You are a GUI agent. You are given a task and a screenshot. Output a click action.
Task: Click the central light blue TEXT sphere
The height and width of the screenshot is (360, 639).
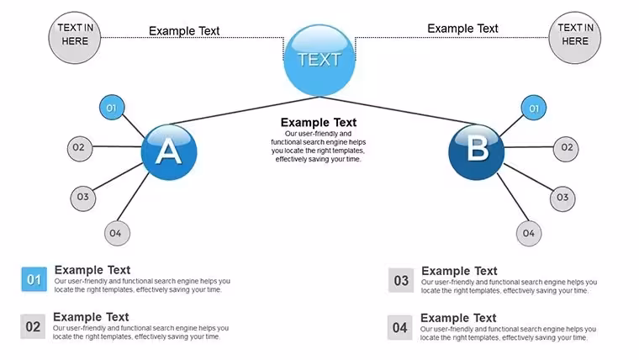click(319, 61)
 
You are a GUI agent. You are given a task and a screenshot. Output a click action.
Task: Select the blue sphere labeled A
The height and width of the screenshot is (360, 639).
click(169, 152)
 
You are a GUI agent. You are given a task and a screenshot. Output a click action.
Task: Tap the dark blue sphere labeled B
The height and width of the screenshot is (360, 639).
click(477, 152)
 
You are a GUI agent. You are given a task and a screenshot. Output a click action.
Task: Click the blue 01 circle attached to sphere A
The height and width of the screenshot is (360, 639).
click(112, 108)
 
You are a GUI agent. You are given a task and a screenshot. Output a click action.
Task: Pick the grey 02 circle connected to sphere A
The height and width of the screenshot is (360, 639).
click(80, 148)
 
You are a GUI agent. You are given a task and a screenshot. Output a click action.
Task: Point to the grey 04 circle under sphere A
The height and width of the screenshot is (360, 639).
click(117, 233)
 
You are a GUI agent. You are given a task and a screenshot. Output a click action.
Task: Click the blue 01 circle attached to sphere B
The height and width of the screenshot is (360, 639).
click(533, 108)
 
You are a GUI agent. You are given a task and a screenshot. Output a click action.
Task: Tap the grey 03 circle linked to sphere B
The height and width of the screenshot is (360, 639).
click(562, 199)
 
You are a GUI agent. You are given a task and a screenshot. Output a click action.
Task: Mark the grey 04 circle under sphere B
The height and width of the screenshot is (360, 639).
click(529, 233)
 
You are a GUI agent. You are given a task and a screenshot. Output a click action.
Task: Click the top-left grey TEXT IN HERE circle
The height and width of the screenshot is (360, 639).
click(75, 38)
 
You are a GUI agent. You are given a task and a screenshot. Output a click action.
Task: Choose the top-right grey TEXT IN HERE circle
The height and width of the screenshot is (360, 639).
click(574, 38)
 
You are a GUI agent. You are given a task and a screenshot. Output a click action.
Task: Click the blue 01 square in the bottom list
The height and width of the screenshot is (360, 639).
click(34, 279)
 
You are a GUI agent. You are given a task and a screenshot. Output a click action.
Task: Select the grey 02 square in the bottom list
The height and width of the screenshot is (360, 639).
click(33, 326)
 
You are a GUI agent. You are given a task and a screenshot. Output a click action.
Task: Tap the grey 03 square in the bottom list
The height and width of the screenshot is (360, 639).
click(401, 280)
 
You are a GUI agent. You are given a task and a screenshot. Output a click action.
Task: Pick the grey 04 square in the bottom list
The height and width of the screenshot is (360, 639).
click(400, 327)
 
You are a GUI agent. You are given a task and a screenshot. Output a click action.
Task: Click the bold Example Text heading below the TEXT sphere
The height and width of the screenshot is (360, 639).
click(319, 122)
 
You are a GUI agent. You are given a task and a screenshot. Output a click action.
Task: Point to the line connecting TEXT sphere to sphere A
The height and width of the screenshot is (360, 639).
click(246, 110)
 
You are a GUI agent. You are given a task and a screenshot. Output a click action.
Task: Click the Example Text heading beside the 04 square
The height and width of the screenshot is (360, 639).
click(458, 318)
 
